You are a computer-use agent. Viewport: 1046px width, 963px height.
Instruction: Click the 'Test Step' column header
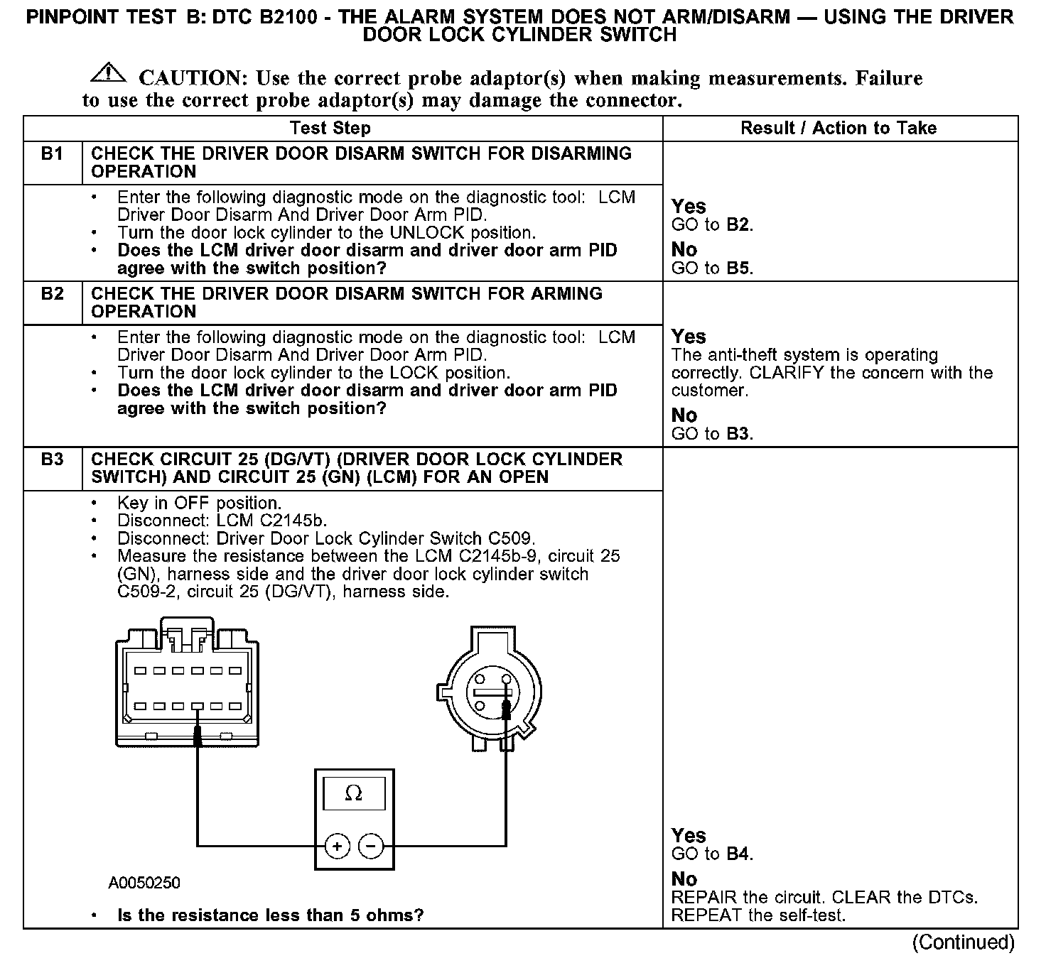[x=330, y=129]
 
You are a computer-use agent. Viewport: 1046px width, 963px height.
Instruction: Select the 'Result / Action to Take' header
[x=839, y=129]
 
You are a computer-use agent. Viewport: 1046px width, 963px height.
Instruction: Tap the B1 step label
[x=53, y=154]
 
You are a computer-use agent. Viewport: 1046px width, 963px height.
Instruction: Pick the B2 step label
[x=53, y=294]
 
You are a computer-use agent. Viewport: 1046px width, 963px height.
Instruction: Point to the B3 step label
[x=53, y=459]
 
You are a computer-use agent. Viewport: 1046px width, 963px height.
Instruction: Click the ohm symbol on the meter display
[x=353, y=793]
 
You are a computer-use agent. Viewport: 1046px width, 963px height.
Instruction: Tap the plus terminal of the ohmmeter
[x=337, y=846]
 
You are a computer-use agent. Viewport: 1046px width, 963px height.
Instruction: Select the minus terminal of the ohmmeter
[x=370, y=846]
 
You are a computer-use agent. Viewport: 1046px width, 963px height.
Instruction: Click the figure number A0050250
[x=144, y=883]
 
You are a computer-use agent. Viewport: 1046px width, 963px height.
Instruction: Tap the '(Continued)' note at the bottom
[x=964, y=942]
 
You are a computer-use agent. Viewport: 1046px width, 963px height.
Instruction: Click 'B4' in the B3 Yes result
[x=738, y=854]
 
